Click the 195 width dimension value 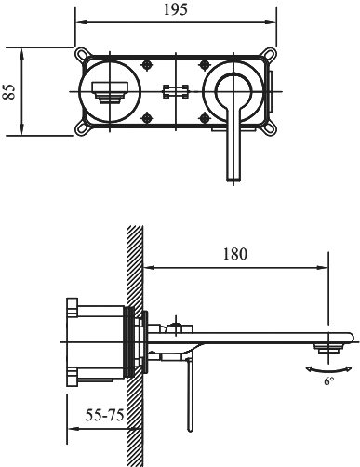(176, 9)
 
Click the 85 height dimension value (9, 91)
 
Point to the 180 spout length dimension (235, 254)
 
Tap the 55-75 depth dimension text (105, 415)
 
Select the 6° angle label (329, 380)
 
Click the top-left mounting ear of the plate (81, 54)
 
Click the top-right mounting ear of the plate (270, 54)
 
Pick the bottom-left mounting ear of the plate (81, 129)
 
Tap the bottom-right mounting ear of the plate (270, 129)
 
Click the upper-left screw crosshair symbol (147, 65)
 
